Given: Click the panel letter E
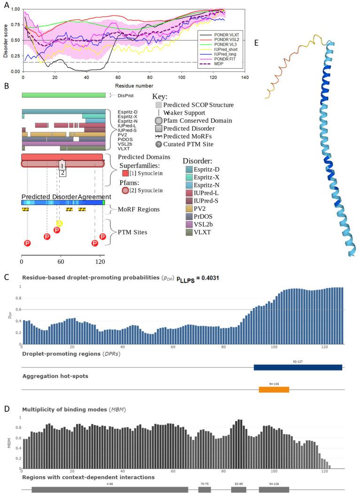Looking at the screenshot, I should (x=257, y=42).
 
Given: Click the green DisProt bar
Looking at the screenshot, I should (x=63, y=95).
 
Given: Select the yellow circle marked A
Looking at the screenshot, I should (x=60, y=223).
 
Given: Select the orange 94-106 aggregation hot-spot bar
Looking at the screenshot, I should (x=274, y=389).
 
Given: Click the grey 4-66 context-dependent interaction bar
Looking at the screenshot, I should (x=110, y=489).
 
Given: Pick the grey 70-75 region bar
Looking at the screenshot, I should (x=204, y=489).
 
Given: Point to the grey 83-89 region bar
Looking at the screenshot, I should (x=238, y=489).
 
